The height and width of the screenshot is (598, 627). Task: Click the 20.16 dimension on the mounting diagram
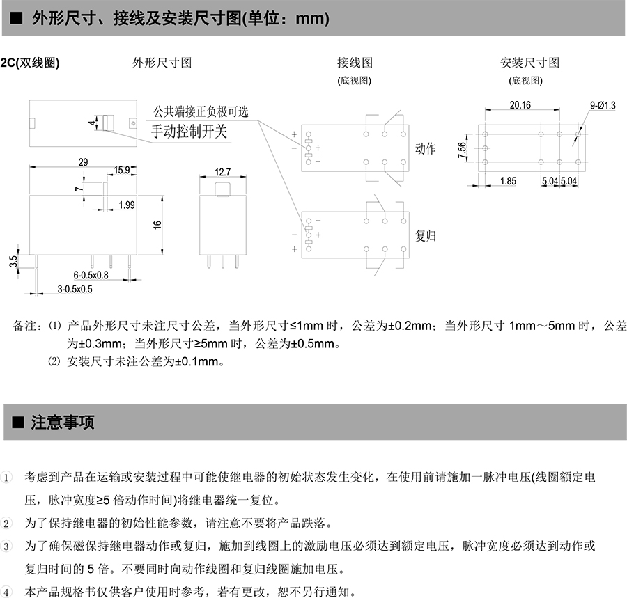pyautogui.click(x=520, y=105)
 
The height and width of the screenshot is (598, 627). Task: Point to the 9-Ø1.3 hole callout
pyautogui.click(x=603, y=105)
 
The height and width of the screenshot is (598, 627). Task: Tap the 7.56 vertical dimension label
pyautogui.click(x=463, y=150)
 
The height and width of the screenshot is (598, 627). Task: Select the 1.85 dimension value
pyautogui.click(x=509, y=181)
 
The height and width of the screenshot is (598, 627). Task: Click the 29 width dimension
pyautogui.click(x=83, y=162)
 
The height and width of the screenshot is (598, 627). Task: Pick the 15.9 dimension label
pyautogui.click(x=121, y=170)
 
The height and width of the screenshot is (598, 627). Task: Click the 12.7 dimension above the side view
pyautogui.click(x=223, y=172)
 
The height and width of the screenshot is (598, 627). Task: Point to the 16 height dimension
pyautogui.click(x=157, y=225)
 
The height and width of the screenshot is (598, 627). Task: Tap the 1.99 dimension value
pyautogui.click(x=127, y=205)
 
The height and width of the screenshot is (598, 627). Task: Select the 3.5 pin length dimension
pyautogui.click(x=14, y=262)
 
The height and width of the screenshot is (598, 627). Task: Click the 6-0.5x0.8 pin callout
pyautogui.click(x=91, y=275)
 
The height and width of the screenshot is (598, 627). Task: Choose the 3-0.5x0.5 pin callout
pyautogui.click(x=75, y=289)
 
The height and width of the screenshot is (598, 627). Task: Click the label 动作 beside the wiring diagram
pyautogui.click(x=425, y=148)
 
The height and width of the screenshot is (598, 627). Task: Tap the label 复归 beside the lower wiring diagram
pyautogui.click(x=425, y=236)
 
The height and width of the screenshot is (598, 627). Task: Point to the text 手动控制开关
pyautogui.click(x=189, y=132)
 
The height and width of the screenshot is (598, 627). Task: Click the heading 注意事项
pyautogui.click(x=63, y=423)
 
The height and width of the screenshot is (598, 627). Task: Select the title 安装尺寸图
pyautogui.click(x=529, y=63)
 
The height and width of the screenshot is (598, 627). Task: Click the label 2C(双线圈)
pyautogui.click(x=30, y=63)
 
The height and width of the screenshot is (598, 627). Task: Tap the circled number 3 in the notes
pyautogui.click(x=6, y=546)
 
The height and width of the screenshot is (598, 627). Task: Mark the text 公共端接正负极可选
pyautogui.click(x=201, y=111)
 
